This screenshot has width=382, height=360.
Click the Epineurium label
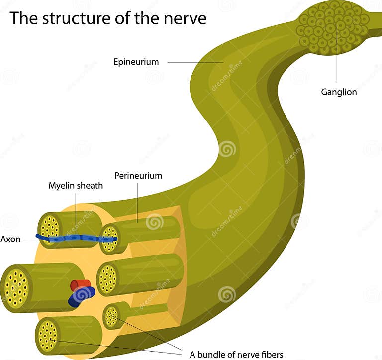[136, 62]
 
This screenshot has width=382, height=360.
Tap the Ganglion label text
[339, 92]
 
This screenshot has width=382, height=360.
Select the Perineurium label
[138, 176]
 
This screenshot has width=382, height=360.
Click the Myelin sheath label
[76, 186]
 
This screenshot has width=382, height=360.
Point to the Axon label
[10, 239]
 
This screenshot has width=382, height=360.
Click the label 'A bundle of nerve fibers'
[236, 355]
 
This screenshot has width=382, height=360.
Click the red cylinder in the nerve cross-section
[80, 285]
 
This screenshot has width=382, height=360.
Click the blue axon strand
[75, 238]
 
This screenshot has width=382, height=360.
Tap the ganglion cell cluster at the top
[332, 27]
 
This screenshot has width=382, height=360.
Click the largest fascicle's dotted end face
[16, 288]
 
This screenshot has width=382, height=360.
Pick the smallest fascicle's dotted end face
[111, 317]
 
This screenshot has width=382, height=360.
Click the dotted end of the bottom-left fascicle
[48, 334]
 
